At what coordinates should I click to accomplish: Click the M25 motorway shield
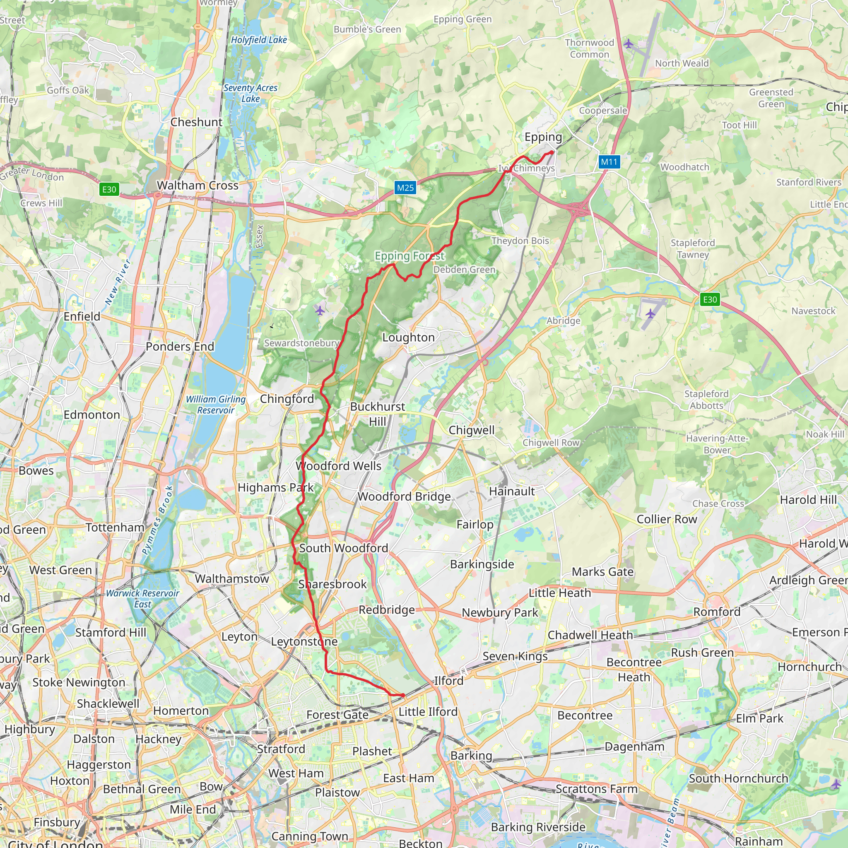click(405, 188)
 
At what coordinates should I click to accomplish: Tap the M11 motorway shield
click(609, 161)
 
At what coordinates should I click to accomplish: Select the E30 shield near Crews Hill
click(109, 189)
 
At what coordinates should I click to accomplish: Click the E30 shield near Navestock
click(710, 299)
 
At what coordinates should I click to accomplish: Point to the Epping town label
click(543, 137)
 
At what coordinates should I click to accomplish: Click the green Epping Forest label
click(409, 256)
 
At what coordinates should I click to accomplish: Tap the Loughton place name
click(408, 337)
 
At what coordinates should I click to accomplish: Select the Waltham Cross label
click(198, 185)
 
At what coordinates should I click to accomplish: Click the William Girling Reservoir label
click(215, 404)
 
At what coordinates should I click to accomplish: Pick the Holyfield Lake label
click(259, 40)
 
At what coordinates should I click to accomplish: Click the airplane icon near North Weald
click(629, 43)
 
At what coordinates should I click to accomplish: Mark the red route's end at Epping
click(552, 152)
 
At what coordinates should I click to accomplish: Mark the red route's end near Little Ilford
click(403, 695)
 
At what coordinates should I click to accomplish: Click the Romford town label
click(716, 612)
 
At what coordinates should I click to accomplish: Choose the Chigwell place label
click(471, 430)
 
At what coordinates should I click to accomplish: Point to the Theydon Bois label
click(520, 241)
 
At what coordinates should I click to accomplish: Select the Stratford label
click(281, 749)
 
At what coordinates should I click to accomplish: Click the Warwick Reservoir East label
click(143, 598)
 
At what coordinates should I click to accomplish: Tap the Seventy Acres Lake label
click(251, 93)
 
